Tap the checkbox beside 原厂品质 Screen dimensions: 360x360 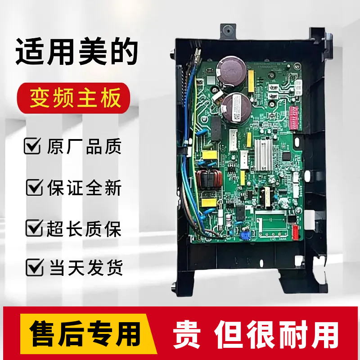(32, 147)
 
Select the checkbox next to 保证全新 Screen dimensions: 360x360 (35, 188)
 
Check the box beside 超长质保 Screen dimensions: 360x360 (34, 229)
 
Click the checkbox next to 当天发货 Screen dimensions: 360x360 (34, 268)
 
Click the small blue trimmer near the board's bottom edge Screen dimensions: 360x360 (246, 234)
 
